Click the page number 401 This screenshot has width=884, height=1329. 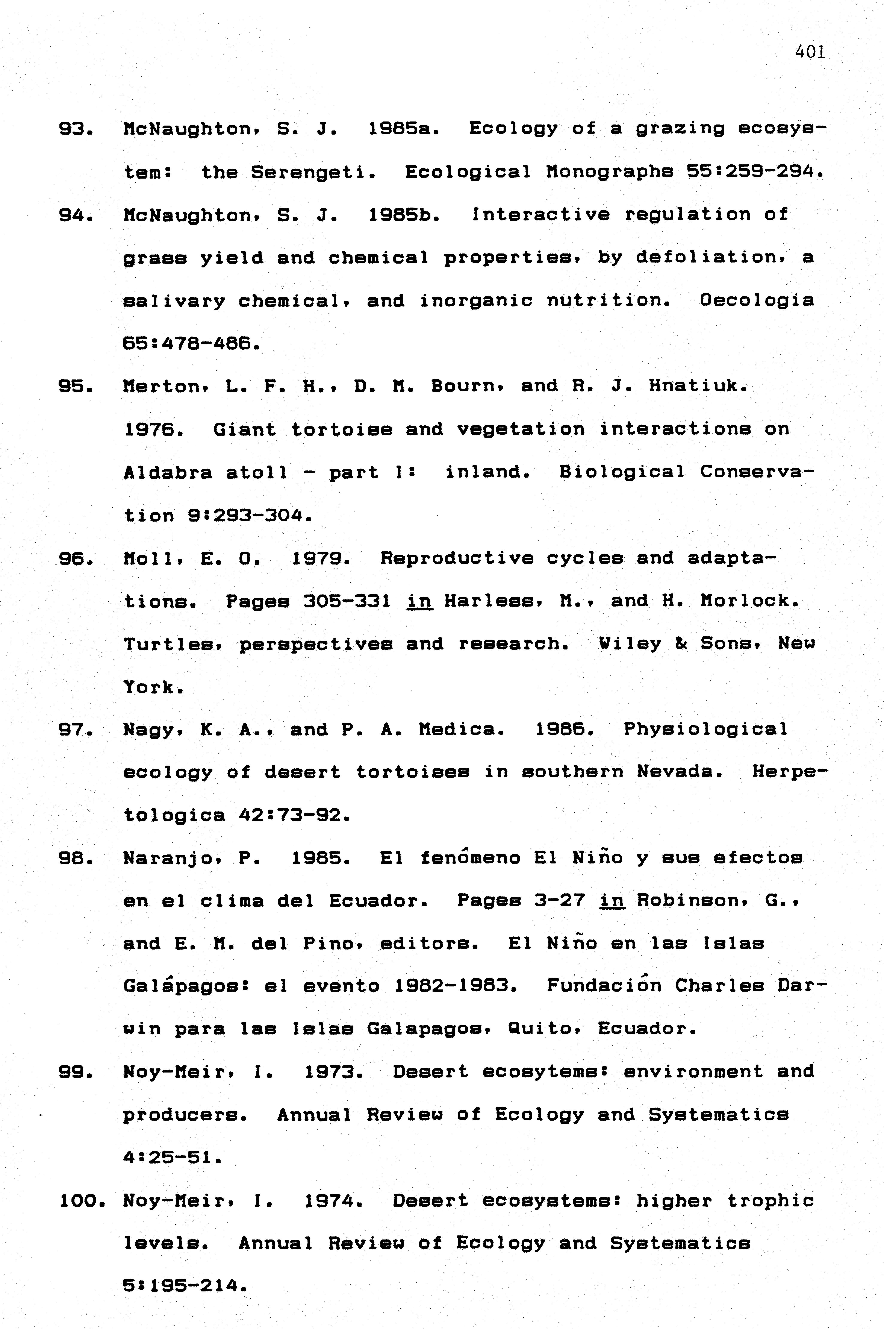810,52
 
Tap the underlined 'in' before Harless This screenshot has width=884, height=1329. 419,601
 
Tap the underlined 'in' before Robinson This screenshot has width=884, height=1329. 612,901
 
